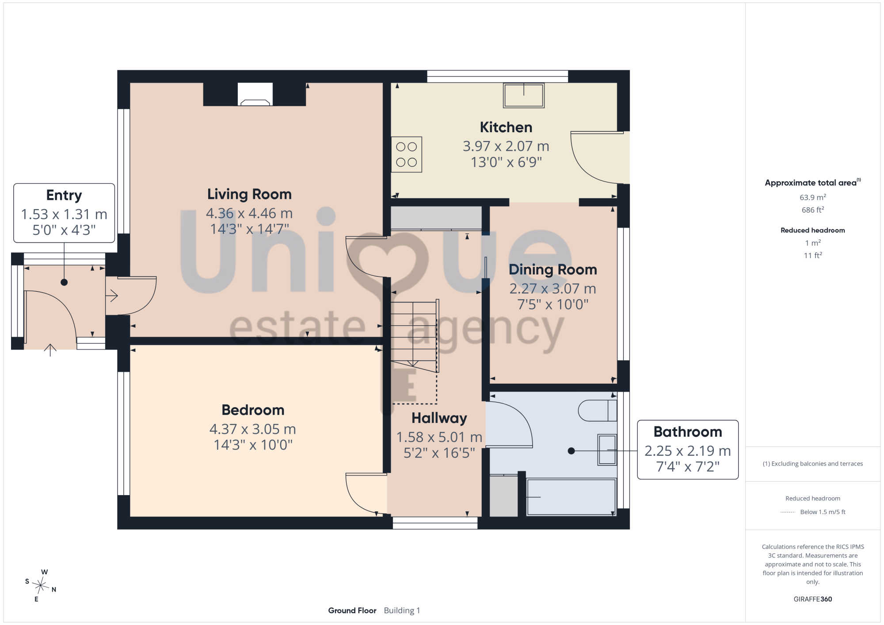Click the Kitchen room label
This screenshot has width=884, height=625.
pyautogui.click(x=506, y=127)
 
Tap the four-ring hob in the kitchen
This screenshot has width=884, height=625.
pyautogui.click(x=407, y=154)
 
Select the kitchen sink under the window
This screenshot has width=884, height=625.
pyautogui.click(x=524, y=95)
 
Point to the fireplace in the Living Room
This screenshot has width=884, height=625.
pyautogui.click(x=255, y=94)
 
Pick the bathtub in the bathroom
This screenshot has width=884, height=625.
pyautogui.click(x=572, y=497)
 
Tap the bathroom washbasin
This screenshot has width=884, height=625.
pyautogui.click(x=607, y=450)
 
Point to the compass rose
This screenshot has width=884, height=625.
pyautogui.click(x=41, y=586)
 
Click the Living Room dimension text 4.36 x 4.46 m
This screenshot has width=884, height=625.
pyautogui.click(x=249, y=213)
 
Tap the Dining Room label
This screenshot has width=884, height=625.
pyautogui.click(x=553, y=270)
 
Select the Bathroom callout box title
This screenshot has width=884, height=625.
pyautogui.click(x=688, y=432)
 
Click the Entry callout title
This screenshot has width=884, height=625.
pyautogui.click(x=64, y=195)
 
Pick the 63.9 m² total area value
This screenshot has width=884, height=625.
pyautogui.click(x=813, y=197)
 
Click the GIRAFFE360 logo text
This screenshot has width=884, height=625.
pyautogui.click(x=813, y=599)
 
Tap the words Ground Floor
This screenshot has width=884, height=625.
pyautogui.click(x=352, y=610)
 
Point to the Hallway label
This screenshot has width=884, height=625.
pyautogui.click(x=439, y=418)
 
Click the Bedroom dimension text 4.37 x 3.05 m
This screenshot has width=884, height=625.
pyautogui.click(x=253, y=429)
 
